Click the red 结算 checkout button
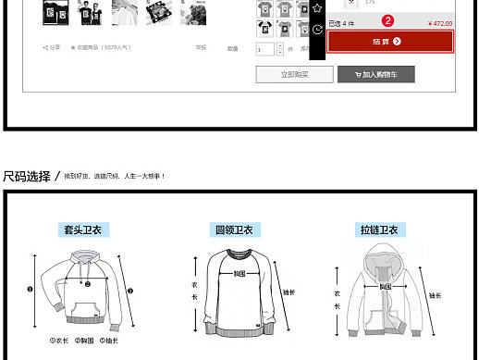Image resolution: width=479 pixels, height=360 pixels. pyautogui.click(x=390, y=42)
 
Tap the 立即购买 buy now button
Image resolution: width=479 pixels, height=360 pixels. pyautogui.click(x=294, y=74)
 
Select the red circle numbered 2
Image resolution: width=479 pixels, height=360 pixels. pyautogui.click(x=388, y=20)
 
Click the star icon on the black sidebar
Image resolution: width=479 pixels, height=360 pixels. pyautogui.click(x=317, y=7)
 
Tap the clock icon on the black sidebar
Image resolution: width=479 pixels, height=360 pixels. pyautogui.click(x=317, y=30)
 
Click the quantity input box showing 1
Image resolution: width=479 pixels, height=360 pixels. pyautogui.click(x=265, y=49)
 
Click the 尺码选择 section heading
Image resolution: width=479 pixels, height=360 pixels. pyautogui.click(x=27, y=176)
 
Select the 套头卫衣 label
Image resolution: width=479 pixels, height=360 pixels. pyautogui.click(x=82, y=230)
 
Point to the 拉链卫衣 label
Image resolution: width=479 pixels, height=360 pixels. pyautogui.click(x=378, y=230)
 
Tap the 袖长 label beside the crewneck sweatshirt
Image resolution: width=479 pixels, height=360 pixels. pyautogui.click(x=289, y=292)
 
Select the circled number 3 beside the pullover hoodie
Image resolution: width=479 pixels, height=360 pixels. pyautogui.click(x=130, y=291)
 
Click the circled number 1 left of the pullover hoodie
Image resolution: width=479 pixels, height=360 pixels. pyautogui.click(x=30, y=288)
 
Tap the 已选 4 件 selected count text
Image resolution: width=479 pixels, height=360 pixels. pyautogui.click(x=342, y=24)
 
